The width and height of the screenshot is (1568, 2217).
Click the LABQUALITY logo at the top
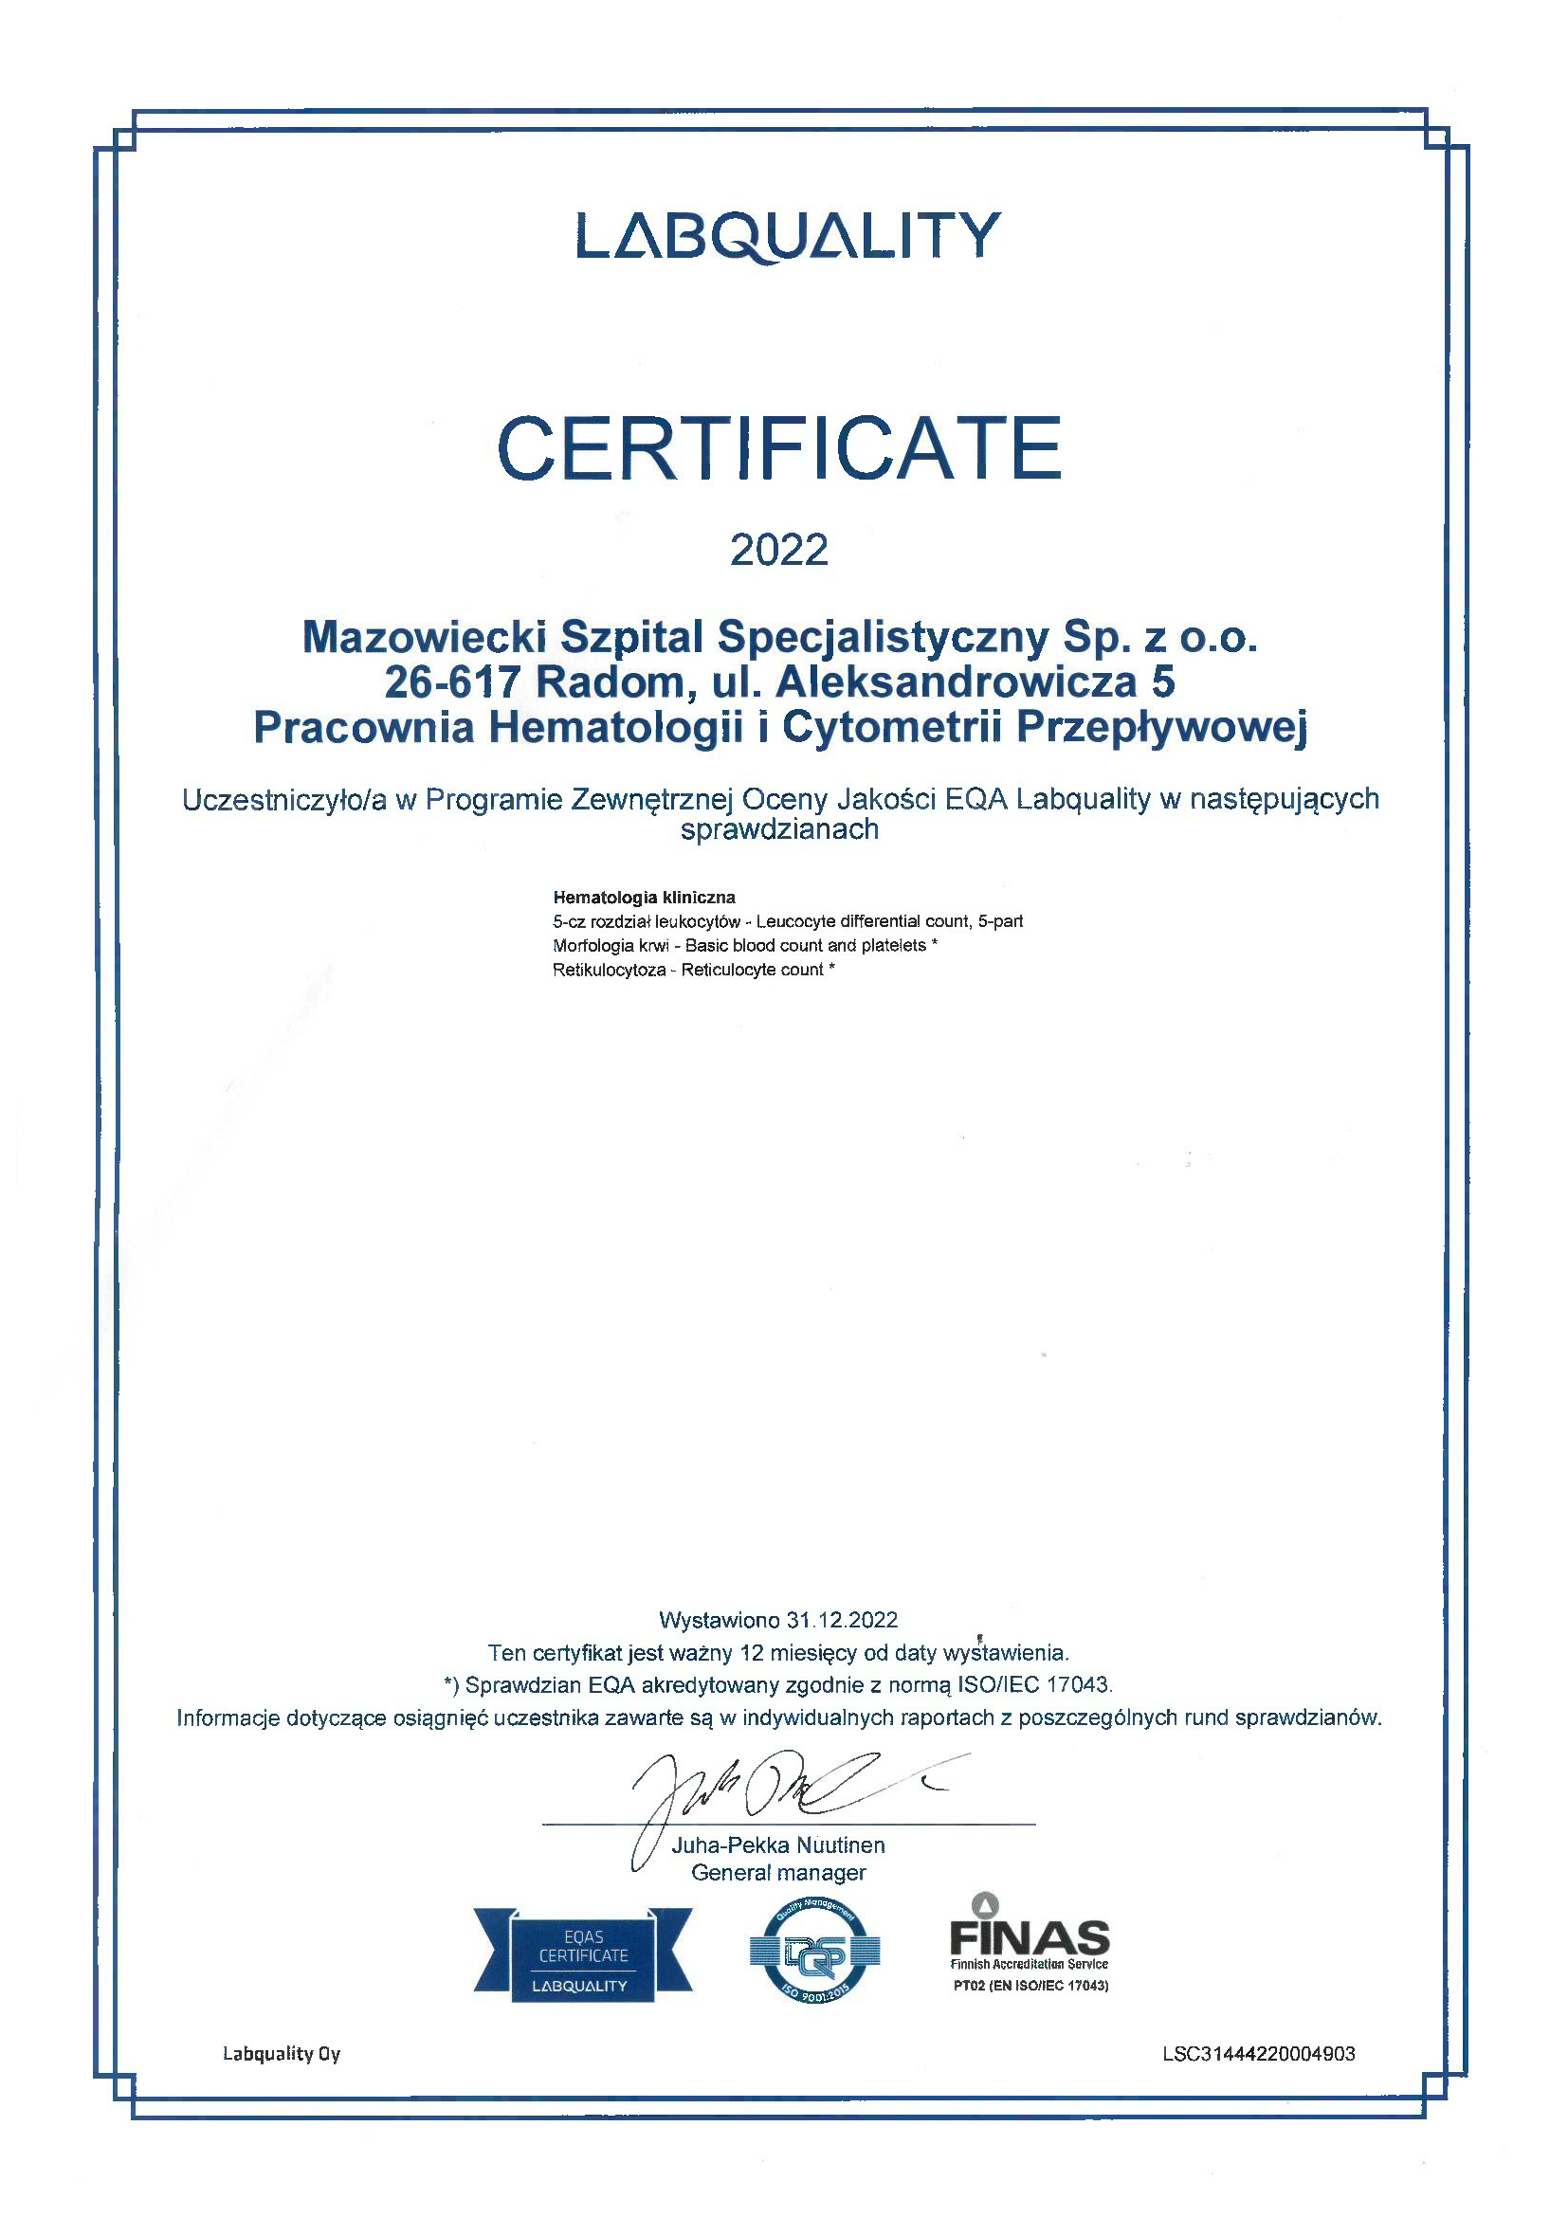[x=788, y=236]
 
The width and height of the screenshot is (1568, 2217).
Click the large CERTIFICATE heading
[x=779, y=448]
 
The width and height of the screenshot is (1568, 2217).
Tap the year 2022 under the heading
[x=779, y=550]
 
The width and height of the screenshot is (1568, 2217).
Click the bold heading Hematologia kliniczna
[x=644, y=897]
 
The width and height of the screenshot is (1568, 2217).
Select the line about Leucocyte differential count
[x=787, y=921]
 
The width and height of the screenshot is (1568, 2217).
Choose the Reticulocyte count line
[x=693, y=970]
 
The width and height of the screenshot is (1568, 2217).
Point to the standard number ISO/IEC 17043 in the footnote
[x=1034, y=1685]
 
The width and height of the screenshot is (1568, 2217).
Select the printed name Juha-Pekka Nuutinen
[x=778, y=1845]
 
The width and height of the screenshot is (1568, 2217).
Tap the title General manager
[x=778, y=1873]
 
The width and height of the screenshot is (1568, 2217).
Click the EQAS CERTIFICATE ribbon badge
[x=583, y=1955]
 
